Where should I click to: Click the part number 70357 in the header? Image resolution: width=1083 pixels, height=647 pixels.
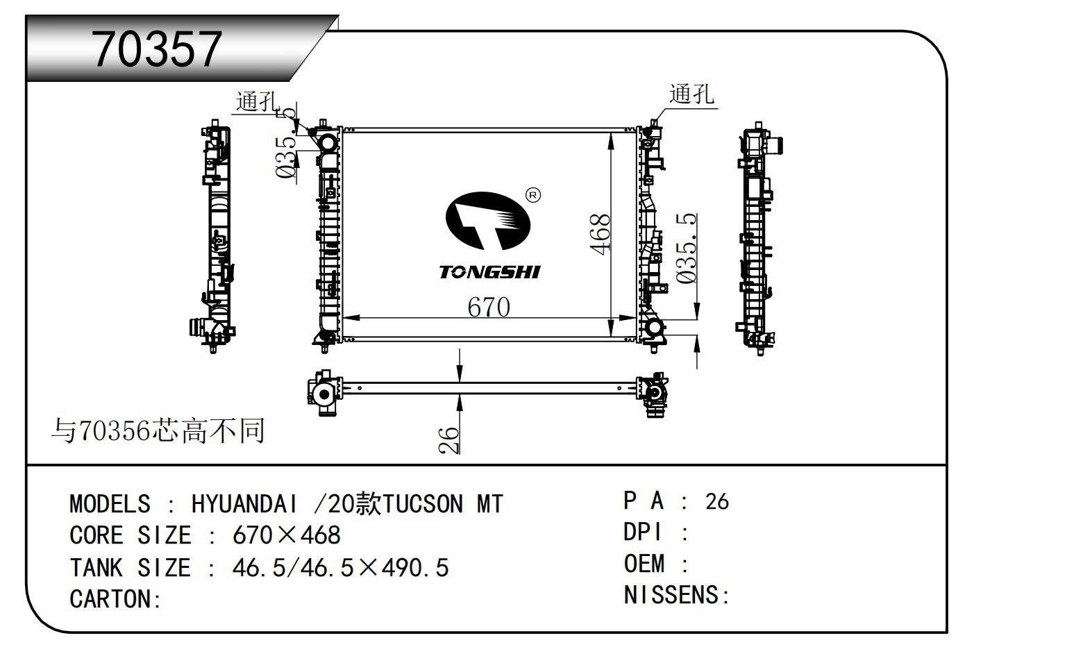[x=158, y=49]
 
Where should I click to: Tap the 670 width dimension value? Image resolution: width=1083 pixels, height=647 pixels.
[x=488, y=307]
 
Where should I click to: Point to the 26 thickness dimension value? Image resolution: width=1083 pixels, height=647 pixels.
[x=449, y=439]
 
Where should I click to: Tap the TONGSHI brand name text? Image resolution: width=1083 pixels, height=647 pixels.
[x=489, y=271]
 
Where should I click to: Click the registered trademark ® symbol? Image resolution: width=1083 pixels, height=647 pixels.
[x=532, y=195]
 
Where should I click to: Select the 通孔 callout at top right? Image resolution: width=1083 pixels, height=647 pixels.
[x=691, y=94]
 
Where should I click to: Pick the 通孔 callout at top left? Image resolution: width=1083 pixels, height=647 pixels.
[x=257, y=101]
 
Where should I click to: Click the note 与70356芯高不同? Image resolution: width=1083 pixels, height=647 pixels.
[x=158, y=431]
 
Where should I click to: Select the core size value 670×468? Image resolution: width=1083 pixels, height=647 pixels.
[x=286, y=535]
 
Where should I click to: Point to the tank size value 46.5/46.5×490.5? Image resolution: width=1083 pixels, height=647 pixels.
[x=340, y=568]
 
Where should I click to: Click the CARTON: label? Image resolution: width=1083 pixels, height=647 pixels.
[x=115, y=598]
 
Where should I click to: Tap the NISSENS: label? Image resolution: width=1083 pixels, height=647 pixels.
[x=676, y=595]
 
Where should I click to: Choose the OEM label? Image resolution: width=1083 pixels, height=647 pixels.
[x=644, y=564]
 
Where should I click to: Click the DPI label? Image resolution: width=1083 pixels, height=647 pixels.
[x=644, y=532]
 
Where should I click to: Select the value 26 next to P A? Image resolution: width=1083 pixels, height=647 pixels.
[x=716, y=501]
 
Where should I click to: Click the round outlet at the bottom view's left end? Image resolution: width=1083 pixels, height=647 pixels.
[x=323, y=394]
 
